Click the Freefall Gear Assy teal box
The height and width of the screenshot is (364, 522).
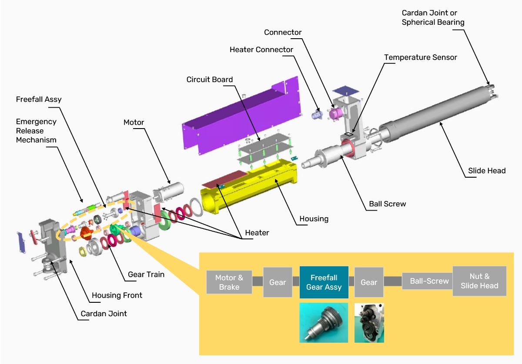pos(324,282)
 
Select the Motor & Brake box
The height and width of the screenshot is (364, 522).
pos(229,282)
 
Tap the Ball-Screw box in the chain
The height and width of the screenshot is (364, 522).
pos(429,281)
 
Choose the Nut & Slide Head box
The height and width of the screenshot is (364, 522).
pos(479,281)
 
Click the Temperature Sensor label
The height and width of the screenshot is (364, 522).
pos(420,57)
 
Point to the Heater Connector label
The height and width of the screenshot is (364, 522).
pos(261,50)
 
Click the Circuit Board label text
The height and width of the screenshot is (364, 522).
pos(210,79)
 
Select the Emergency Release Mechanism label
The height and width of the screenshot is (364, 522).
pos(36,131)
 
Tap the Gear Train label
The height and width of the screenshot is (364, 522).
pos(146,275)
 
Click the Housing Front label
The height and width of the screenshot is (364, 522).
pos(117,295)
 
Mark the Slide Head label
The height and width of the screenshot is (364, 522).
pos(486,171)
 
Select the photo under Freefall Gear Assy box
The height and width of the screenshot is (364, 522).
pos(324,323)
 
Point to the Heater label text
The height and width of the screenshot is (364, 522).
pos(257,233)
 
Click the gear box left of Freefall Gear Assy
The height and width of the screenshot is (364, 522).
pos(278,282)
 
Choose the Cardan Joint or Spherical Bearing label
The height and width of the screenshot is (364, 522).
pos(433,17)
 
